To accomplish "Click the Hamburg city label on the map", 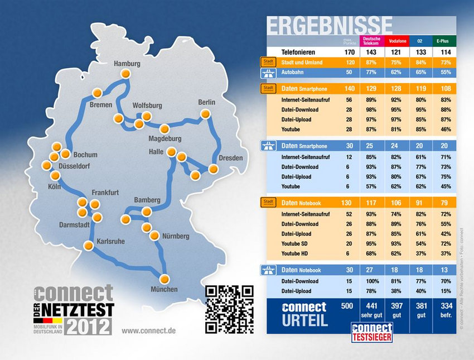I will pyautogui.click(x=127, y=64).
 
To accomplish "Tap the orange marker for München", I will pyautogui.click(x=164, y=279).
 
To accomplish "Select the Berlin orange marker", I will pyautogui.click(x=206, y=114).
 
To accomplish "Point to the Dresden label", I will pyautogui.click(x=231, y=158).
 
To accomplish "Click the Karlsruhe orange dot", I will pyautogui.click(x=88, y=246).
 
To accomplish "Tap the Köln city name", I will pyautogui.click(x=54, y=186).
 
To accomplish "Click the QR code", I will pyautogui.click(x=229, y=309).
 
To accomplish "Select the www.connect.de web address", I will pyautogui.click(x=148, y=330).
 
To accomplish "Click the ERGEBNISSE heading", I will pyautogui.click(x=329, y=25).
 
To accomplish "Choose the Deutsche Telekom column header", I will pyautogui.click(x=371, y=41).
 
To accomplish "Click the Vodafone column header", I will pyautogui.click(x=396, y=41).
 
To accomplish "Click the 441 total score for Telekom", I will pyautogui.click(x=371, y=306).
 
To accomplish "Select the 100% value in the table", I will pyautogui.click(x=371, y=281).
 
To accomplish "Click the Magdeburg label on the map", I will pyautogui.click(x=165, y=139).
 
